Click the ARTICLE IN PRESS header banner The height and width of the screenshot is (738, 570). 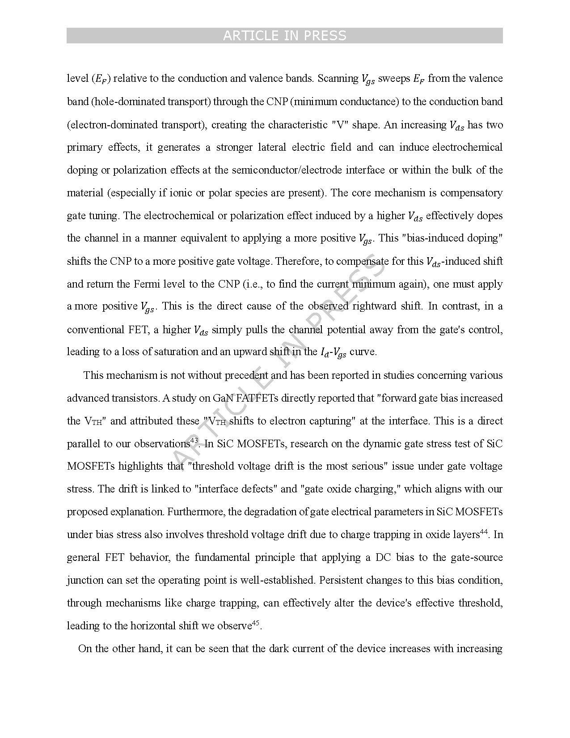(284, 36)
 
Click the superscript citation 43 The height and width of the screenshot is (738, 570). (194, 441)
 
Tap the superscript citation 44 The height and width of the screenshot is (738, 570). (484, 532)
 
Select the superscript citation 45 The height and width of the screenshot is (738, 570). (256, 623)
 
